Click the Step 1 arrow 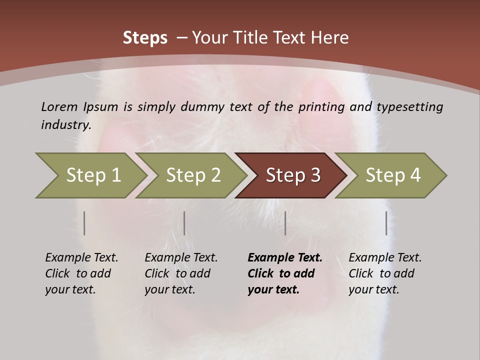point(93,175)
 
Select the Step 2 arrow point(193,175)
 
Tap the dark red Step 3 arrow point(293,175)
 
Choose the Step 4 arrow point(393,175)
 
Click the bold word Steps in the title point(145,38)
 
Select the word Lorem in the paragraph point(59,106)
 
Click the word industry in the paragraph point(65,124)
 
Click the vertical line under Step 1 point(84,223)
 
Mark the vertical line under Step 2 point(184,223)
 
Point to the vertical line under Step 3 point(285,223)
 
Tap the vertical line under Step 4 point(386,223)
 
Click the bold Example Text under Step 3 point(285,257)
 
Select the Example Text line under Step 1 point(82,257)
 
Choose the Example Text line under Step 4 point(385,257)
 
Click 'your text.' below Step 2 point(170,289)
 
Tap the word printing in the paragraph point(321,106)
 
